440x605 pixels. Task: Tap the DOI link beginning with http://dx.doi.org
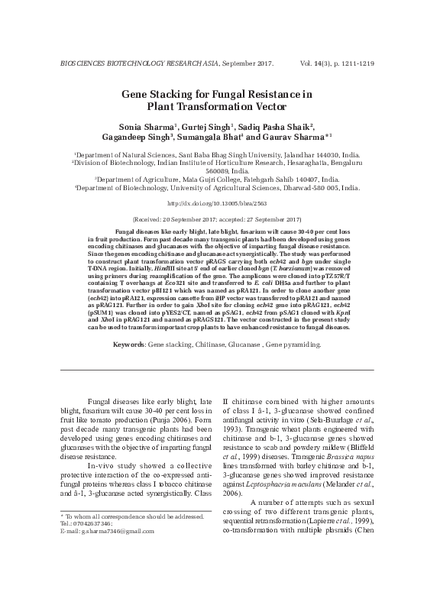click(x=219, y=204)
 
